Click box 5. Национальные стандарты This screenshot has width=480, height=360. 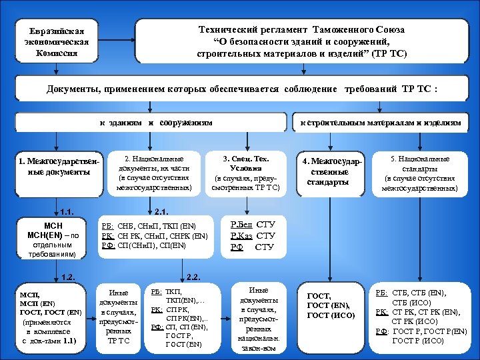[419, 173]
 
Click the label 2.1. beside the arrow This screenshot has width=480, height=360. [161, 213]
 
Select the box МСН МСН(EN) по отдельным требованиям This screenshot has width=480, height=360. [52, 239]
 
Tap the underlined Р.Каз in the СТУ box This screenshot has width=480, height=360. [241, 235]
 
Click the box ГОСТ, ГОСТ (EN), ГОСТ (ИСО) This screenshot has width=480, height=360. [331, 306]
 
